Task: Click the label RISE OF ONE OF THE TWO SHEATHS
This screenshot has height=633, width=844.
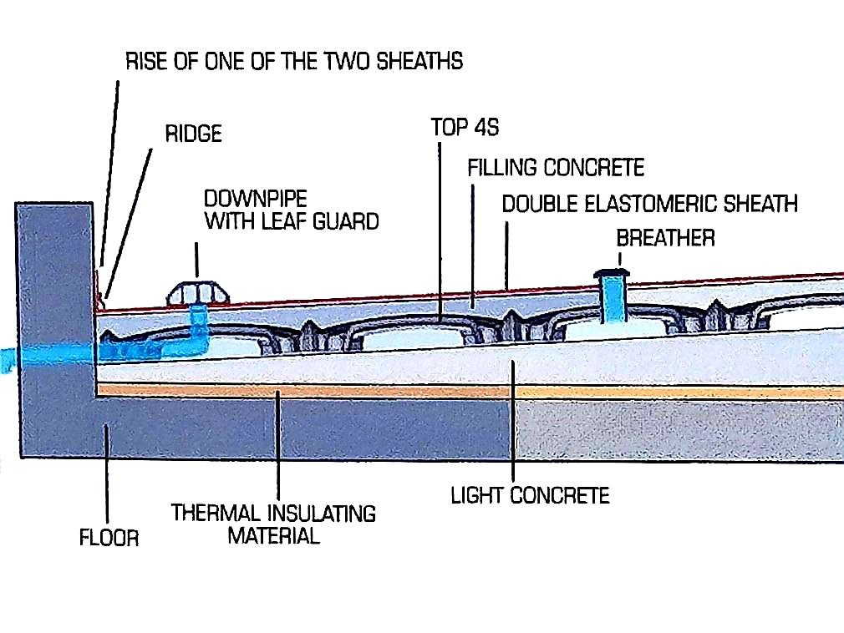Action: (294, 61)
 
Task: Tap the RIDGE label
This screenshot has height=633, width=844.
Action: (193, 134)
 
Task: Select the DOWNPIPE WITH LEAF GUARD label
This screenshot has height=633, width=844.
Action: (291, 210)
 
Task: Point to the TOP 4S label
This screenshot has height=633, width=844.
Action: (465, 127)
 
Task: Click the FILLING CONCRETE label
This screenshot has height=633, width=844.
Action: (556, 167)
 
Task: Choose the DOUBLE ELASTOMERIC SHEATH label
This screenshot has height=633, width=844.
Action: (649, 204)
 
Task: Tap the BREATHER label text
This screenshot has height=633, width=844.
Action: (665, 238)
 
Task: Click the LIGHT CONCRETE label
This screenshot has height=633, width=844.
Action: (530, 495)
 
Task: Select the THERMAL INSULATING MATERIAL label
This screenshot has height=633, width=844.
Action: (273, 524)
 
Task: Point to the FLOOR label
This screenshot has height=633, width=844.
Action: (109, 537)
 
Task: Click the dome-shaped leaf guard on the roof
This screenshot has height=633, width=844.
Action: (198, 293)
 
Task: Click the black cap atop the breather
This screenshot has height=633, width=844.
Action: (612, 273)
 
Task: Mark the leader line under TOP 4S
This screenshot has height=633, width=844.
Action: (440, 232)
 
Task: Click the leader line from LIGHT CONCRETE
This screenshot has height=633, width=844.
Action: (513, 421)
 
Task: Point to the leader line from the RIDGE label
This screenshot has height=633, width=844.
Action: (130, 223)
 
